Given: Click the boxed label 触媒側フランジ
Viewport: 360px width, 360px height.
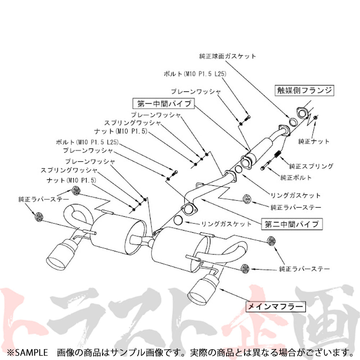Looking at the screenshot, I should pos(303,90).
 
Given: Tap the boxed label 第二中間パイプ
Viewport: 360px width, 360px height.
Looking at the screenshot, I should pos(292,224).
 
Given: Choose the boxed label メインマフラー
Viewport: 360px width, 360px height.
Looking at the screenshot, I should pos(275,307).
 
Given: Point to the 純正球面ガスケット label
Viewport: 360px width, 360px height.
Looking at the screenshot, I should pos(228,56).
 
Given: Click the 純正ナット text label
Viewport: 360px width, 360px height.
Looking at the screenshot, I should pos(314,141).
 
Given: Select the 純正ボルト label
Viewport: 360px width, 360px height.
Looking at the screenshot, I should pos(296,177).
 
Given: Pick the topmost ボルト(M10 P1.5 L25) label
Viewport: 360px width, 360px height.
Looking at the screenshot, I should pos(197,74).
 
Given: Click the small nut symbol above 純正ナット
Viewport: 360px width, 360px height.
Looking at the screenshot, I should pos(316,117).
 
